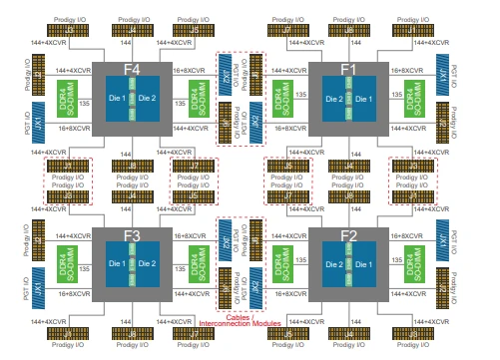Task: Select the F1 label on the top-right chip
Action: tap(349, 70)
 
